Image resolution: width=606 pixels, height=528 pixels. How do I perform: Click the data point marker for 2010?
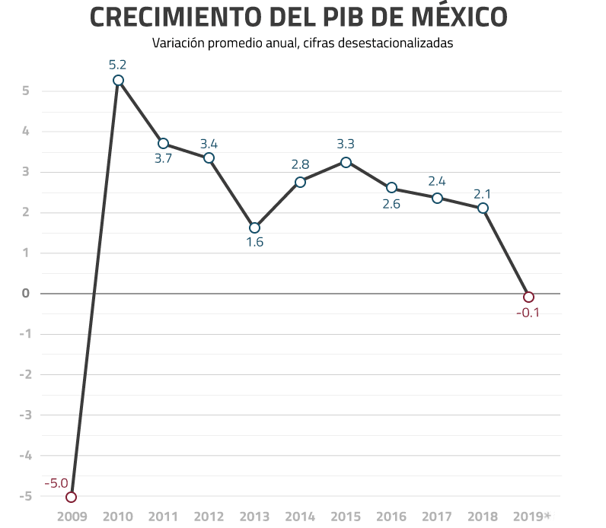coord(118,81)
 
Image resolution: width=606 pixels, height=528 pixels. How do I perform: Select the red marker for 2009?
coord(72,497)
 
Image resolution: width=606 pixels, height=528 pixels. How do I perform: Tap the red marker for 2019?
coord(528,297)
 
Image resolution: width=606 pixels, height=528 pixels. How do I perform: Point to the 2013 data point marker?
coord(254,227)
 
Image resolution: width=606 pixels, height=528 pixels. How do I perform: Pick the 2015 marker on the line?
coord(346,162)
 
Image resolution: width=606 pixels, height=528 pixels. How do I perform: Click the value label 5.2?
coord(118,64)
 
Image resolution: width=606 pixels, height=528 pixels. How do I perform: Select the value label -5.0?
coord(56,482)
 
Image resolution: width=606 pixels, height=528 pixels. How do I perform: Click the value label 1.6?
coord(254,243)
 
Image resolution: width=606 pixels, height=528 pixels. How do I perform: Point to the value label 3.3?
coord(346,144)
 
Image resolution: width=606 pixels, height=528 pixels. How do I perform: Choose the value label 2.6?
coord(391,204)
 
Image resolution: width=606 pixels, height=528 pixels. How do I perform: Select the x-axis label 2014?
coord(300,517)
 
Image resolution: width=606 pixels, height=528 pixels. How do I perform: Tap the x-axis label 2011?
coord(163,517)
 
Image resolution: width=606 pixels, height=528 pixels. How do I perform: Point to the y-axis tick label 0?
coord(26,294)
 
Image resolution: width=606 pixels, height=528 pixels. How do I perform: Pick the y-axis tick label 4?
coord(26,132)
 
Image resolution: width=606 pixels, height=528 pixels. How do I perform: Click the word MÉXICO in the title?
coord(452,17)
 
